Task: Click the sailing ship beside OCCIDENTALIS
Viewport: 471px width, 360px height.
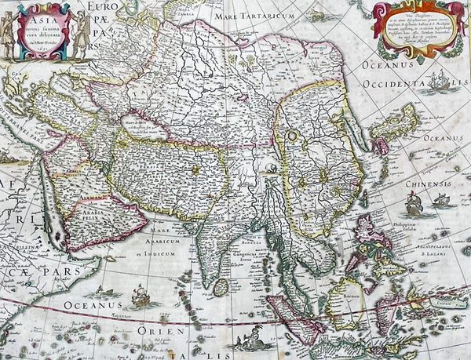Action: pos(444,82)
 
